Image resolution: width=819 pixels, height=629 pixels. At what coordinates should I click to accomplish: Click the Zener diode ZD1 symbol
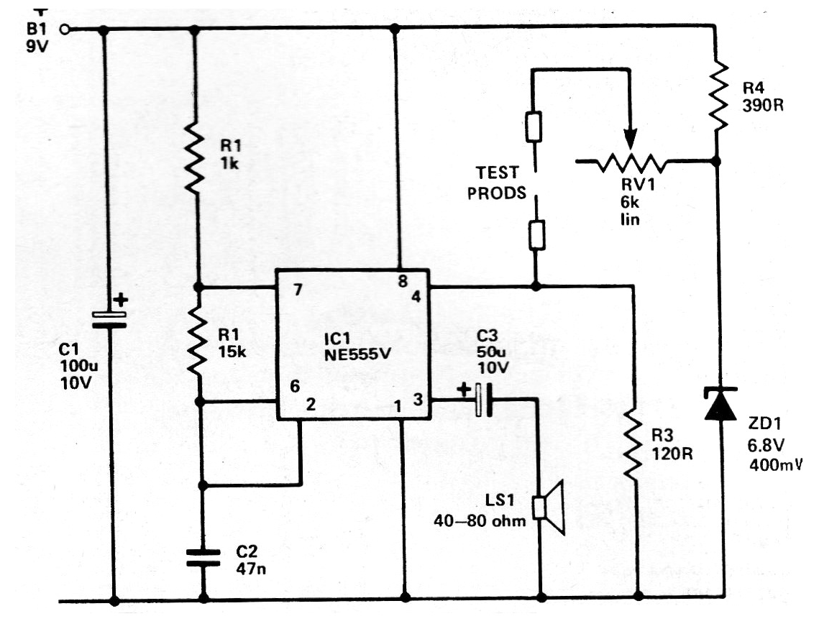click(x=720, y=403)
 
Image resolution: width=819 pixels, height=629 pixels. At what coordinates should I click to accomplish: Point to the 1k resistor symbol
click(x=194, y=158)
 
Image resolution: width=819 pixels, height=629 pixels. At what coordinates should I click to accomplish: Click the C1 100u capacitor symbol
click(x=109, y=319)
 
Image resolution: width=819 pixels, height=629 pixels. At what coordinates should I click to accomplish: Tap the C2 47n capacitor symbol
click(x=203, y=558)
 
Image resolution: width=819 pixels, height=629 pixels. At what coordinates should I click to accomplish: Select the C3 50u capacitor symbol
click(x=484, y=400)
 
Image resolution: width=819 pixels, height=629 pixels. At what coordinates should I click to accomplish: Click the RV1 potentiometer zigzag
click(x=631, y=163)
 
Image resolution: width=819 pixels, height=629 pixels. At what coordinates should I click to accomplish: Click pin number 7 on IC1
click(x=298, y=290)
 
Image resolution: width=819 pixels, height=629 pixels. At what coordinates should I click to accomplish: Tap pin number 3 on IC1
click(x=418, y=400)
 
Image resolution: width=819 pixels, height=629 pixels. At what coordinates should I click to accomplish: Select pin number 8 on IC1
click(x=403, y=281)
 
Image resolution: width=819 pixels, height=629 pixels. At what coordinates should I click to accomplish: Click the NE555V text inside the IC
click(x=358, y=355)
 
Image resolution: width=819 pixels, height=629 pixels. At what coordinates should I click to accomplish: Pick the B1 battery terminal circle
click(x=64, y=29)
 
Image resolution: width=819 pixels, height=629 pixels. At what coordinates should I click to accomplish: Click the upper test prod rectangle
click(x=534, y=127)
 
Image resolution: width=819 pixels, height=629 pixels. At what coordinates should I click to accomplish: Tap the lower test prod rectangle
click(x=537, y=235)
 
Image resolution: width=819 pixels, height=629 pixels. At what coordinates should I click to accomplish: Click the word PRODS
click(x=497, y=193)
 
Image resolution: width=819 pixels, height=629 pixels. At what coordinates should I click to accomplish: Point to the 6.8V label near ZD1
click(x=766, y=446)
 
